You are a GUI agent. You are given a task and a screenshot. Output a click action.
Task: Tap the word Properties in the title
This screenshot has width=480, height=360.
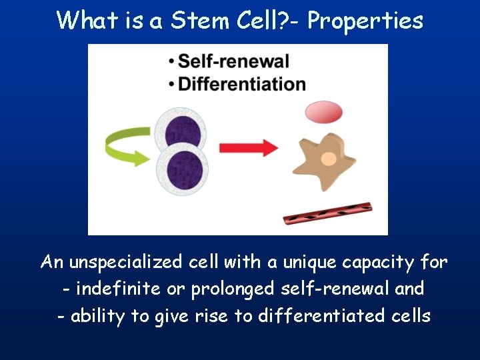365,21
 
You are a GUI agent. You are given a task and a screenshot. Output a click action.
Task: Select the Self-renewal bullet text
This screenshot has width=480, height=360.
233,61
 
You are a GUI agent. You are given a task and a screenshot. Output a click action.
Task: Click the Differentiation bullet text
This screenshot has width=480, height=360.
242,84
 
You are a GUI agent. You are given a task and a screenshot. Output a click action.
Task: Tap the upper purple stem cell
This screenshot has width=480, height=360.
180,131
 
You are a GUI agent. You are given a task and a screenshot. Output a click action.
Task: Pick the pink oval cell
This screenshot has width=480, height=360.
323,111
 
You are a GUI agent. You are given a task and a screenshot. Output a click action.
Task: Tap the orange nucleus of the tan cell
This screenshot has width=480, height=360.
329,159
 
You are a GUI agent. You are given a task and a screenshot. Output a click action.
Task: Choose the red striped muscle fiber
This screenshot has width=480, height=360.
327,213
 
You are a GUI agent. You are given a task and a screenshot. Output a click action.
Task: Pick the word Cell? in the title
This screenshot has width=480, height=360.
265,21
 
